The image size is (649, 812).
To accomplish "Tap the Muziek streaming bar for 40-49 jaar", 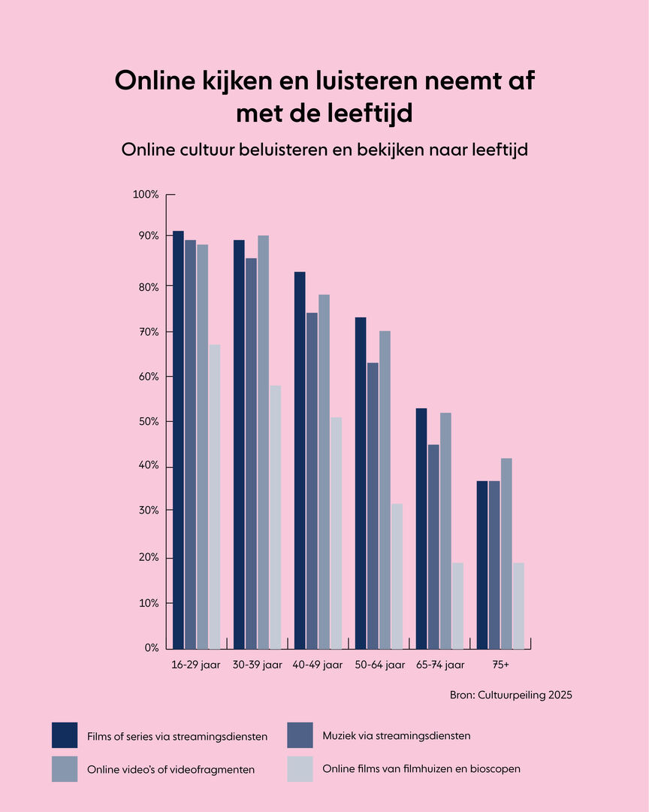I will click(x=312, y=480).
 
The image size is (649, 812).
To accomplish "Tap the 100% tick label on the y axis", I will click(x=146, y=195).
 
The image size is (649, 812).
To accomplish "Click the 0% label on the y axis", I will click(x=151, y=648).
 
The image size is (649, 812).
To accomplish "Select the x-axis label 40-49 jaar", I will click(x=318, y=665).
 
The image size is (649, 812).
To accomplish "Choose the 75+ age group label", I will click(x=501, y=665).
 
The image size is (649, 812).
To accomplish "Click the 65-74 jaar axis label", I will click(x=440, y=665).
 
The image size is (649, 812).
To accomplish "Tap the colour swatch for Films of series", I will click(x=65, y=735).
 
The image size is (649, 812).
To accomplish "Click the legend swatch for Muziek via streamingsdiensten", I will click(x=300, y=735).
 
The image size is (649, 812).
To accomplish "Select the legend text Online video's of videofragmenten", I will click(x=171, y=770).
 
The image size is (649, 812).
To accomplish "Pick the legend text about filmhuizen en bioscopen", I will click(x=421, y=769).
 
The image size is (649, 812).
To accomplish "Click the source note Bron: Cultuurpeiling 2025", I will click(x=511, y=695).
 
